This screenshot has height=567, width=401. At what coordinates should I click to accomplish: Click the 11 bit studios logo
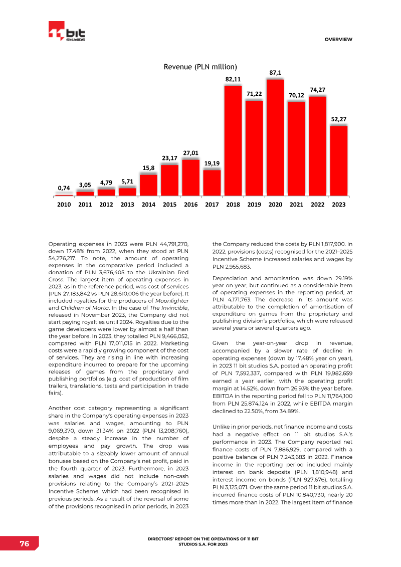(x=66, y=33)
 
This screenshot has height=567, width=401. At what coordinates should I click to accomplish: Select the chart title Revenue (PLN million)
(x=200, y=67)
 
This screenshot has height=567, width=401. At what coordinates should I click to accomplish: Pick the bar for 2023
(x=338, y=160)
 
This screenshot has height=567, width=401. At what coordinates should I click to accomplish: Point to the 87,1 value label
(x=275, y=73)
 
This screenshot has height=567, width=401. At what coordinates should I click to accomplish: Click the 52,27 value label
(x=338, y=119)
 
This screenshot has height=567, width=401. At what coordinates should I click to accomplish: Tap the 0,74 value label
(x=64, y=188)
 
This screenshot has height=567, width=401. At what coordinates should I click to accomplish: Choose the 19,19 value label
(x=212, y=163)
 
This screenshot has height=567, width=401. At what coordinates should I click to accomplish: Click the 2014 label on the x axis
(x=148, y=205)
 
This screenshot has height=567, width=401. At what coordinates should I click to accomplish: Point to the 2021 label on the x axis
(x=296, y=205)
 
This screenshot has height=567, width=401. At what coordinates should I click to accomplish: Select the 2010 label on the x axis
(x=64, y=205)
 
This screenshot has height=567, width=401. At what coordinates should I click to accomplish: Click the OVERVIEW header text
(x=338, y=40)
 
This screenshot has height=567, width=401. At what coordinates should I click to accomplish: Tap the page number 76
(x=24, y=544)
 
